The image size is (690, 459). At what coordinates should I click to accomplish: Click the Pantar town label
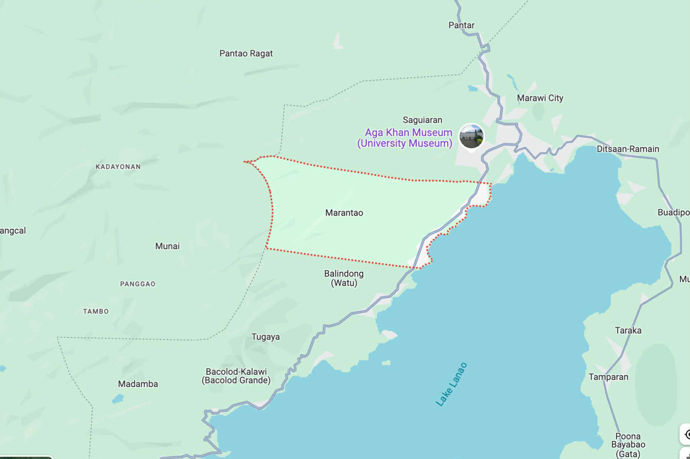461,25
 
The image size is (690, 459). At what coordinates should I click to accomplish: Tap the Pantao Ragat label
246,53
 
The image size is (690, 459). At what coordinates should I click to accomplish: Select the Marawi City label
540,98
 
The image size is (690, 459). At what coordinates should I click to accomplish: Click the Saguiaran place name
422,120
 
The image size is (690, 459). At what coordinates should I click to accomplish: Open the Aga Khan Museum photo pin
471,136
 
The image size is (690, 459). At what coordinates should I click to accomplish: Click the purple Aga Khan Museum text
405,138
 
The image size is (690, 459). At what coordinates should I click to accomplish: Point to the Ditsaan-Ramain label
628,149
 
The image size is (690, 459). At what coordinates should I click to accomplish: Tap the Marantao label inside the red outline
344,213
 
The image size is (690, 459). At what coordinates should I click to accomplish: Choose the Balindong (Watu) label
344,278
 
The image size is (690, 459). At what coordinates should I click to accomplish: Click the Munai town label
167,246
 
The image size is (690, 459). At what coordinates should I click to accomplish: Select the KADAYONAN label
118,167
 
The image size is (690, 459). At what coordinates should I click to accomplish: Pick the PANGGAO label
138,284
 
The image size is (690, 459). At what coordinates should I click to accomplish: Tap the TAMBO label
96,311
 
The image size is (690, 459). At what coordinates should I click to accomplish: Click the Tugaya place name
266,337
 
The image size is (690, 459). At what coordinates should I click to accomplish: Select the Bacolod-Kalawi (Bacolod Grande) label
236,376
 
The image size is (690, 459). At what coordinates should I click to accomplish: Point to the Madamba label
138,384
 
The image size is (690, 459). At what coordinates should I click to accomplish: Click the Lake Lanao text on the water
451,384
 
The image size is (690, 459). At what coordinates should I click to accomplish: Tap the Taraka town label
628,330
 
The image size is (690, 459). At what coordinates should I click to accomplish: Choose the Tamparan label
608,377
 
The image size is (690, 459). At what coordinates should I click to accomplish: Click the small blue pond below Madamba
118,399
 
